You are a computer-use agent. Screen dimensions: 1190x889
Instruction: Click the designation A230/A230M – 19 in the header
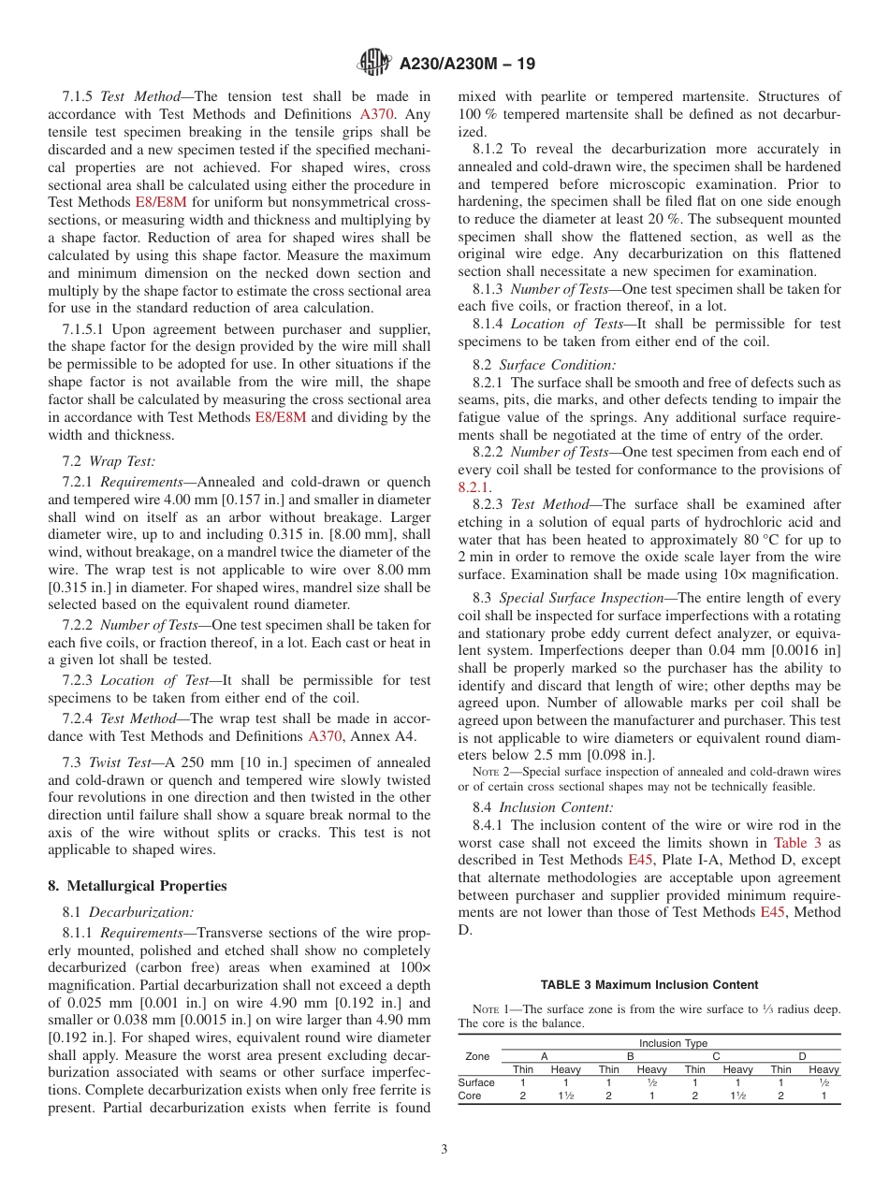tap(467, 65)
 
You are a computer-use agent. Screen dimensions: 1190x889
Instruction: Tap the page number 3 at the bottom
tap(444, 1150)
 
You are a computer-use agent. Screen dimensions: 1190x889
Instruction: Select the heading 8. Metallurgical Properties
tap(138, 886)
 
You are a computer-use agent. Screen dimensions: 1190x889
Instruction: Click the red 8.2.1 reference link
tap(473, 486)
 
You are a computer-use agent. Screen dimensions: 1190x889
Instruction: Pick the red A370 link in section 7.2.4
tap(326, 736)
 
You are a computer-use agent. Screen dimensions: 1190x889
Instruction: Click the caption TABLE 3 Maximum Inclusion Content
tap(649, 984)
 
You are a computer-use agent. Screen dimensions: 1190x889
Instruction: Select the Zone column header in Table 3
tap(477, 1056)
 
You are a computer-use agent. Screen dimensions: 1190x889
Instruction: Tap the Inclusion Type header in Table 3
tap(673, 1043)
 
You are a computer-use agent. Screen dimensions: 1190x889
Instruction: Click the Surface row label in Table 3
tap(476, 1082)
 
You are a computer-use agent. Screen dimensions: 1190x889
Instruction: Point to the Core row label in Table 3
tap(470, 1096)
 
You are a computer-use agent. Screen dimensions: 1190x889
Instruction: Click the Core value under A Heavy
tap(565, 1096)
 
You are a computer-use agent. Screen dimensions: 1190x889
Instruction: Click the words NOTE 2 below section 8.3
tap(490, 772)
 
